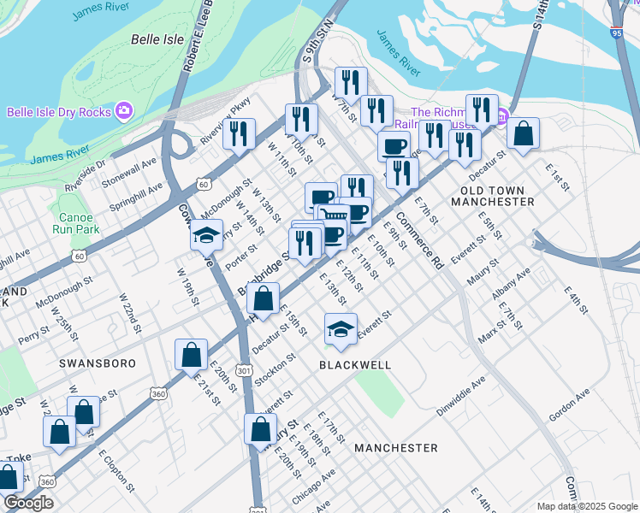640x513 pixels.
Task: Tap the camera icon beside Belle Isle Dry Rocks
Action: pyautogui.click(x=125, y=111)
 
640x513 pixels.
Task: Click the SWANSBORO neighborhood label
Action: pyautogui.click(x=98, y=363)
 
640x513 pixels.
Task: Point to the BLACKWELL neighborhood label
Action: pyautogui.click(x=355, y=365)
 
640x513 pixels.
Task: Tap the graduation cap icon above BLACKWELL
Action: pyautogui.click(x=341, y=328)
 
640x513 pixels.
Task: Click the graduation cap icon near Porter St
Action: pyautogui.click(x=206, y=233)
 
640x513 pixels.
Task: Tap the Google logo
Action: pyautogui.click(x=29, y=503)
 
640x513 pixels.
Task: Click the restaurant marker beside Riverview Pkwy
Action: pyautogui.click(x=239, y=133)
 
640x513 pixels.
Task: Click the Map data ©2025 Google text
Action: pyautogui.click(x=586, y=506)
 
